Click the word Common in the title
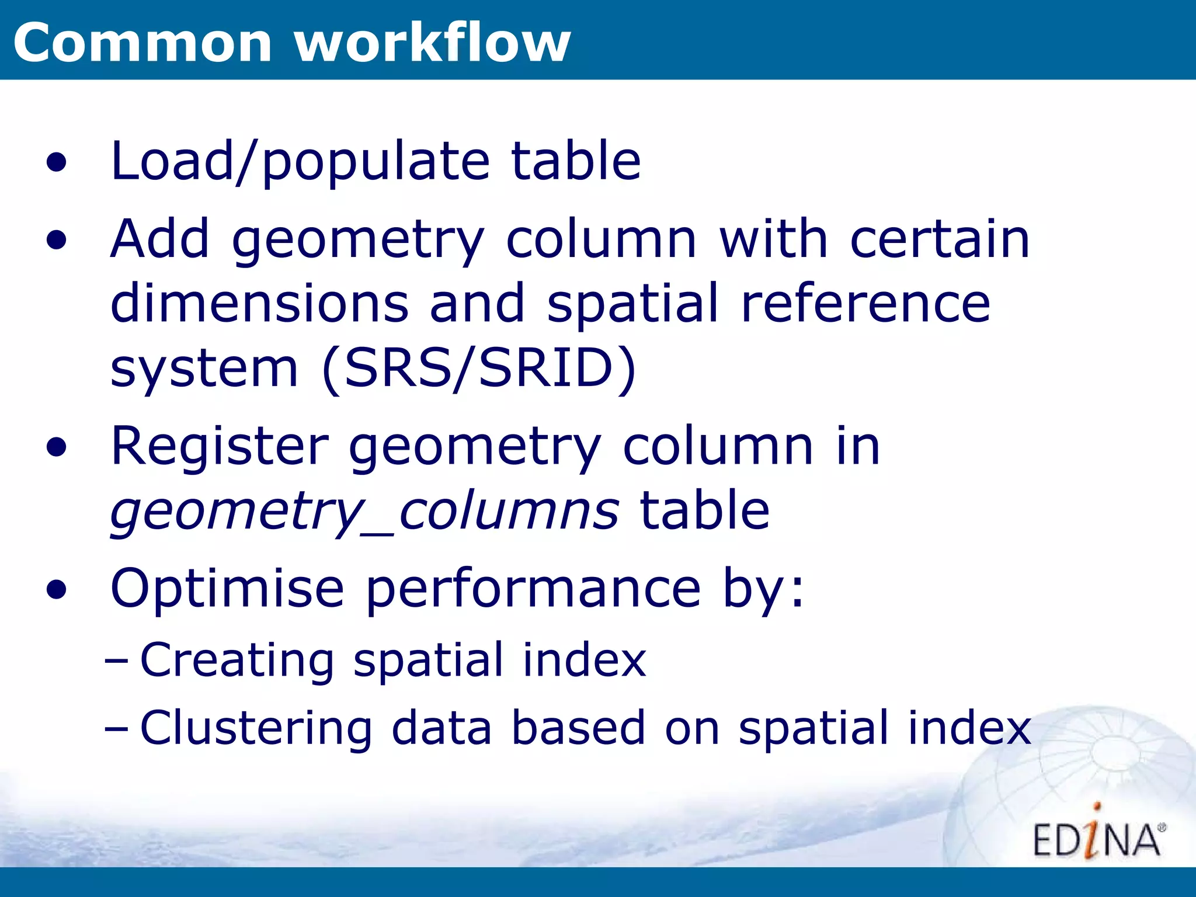(142, 43)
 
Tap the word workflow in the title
(432, 43)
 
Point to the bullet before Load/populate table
(57, 163)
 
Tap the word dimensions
(259, 303)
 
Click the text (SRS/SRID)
(479, 368)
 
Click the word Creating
(237, 660)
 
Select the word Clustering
(256, 728)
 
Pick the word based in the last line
(578, 728)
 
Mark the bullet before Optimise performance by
(57, 590)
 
